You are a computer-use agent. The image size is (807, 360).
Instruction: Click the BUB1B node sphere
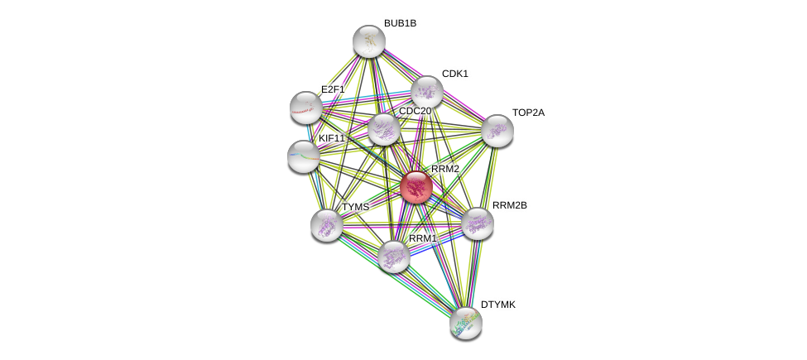coord(369,41)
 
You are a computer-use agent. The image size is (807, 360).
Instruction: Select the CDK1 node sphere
coord(427,92)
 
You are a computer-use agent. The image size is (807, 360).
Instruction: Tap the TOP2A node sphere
coord(497,130)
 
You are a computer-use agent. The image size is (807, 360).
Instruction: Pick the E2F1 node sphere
coord(306,107)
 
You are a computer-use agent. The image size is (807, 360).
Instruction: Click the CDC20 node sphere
coord(384,129)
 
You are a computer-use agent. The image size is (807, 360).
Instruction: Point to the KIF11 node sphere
coord(304,156)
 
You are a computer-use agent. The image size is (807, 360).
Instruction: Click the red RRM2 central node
coord(416,187)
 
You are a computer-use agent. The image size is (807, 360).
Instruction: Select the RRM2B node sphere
coord(478,223)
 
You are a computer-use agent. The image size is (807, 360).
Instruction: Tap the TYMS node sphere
coord(327,224)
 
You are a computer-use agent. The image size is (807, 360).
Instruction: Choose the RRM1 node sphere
coord(394,256)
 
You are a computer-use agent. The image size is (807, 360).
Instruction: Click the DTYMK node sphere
coord(466,322)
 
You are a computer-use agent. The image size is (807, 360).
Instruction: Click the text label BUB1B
coord(400,23)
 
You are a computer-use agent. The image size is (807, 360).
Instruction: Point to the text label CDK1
coord(454,74)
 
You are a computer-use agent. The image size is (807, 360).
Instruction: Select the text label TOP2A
coord(528,113)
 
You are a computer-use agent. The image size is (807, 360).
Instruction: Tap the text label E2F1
coord(332,89)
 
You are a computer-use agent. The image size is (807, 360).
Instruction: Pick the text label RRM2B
coord(509,205)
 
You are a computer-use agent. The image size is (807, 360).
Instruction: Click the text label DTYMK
coord(498,305)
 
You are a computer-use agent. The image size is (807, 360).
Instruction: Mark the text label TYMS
coord(355,207)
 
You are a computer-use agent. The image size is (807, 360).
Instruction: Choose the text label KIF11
coord(331,138)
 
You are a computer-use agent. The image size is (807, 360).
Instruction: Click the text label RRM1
coord(422,238)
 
